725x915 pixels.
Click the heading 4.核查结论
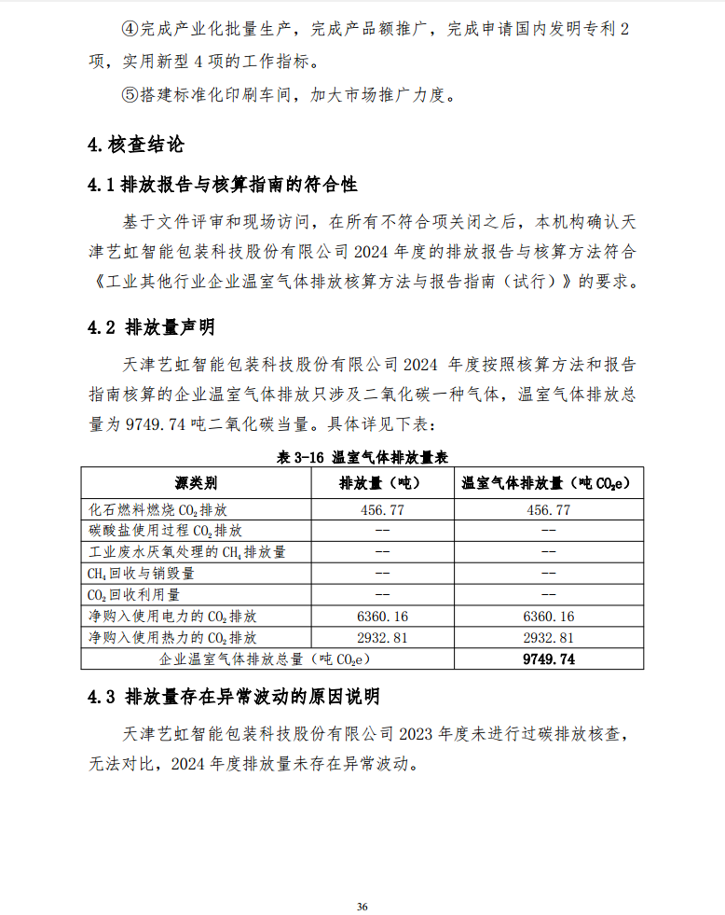(135, 145)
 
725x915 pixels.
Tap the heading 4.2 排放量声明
(151, 327)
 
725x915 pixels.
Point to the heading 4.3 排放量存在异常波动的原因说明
(233, 697)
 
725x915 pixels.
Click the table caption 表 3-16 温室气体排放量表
(362, 457)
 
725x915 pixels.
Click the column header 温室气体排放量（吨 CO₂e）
(548, 483)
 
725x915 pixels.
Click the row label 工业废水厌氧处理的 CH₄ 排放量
(186, 552)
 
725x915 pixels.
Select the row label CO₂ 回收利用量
(134, 594)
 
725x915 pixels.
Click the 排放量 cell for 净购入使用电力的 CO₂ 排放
(381, 617)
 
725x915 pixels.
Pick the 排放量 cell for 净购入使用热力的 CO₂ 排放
(381, 638)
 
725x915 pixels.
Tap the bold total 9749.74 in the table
(549, 659)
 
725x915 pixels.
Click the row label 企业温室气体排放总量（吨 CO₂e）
(265, 659)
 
